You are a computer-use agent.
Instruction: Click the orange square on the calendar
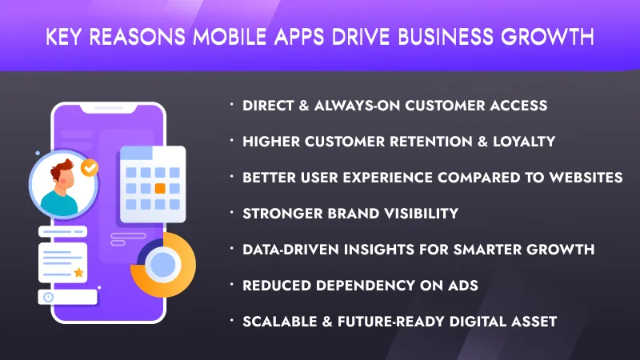pos(160,189)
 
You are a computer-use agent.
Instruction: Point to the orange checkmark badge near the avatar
pos(90,168)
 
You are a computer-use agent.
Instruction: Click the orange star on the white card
pos(78,273)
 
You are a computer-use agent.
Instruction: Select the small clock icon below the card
pos(49,297)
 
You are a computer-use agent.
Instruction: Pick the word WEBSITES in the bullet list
pos(584,177)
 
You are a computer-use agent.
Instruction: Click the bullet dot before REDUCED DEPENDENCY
pos(231,284)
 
